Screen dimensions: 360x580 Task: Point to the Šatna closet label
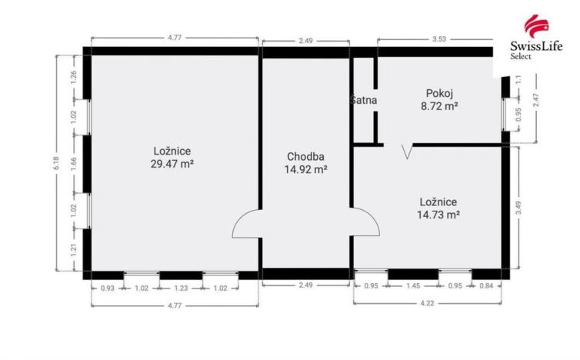(363, 101)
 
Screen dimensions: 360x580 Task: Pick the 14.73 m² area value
(440, 215)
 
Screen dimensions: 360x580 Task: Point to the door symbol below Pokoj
(406, 150)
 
